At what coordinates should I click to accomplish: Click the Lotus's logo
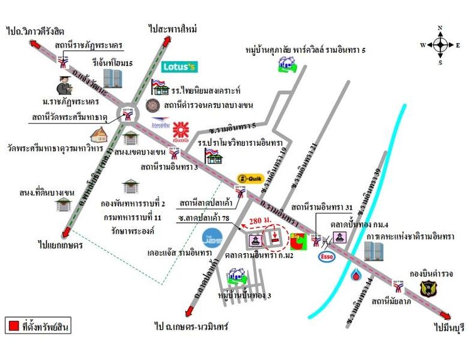(180, 66)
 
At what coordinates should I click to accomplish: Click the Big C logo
(298, 241)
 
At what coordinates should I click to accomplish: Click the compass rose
(440, 45)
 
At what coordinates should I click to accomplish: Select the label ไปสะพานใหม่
(173, 29)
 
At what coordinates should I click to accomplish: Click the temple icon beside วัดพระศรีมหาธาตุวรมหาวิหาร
(99, 135)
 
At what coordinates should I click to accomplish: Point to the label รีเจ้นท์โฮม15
(112, 63)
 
